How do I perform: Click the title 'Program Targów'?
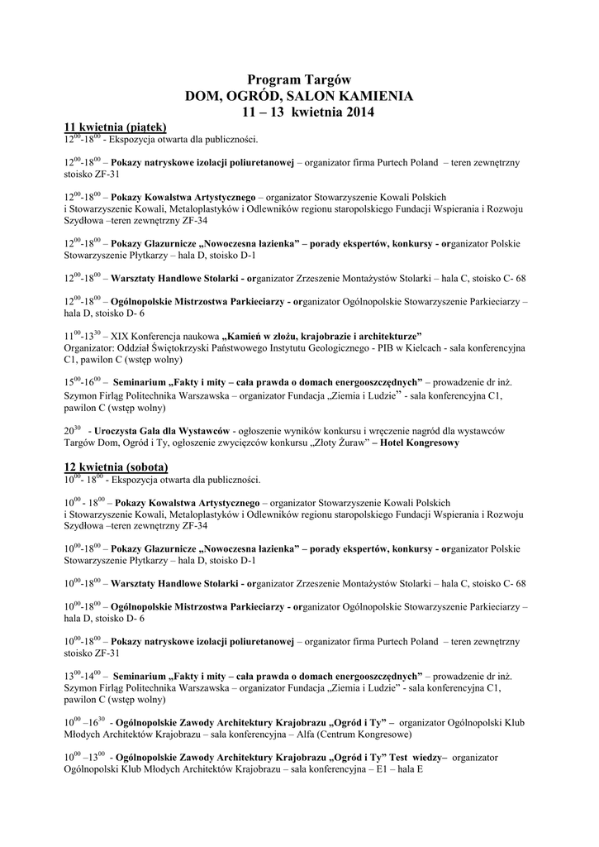point(299,79)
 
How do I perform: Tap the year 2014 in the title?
point(359,112)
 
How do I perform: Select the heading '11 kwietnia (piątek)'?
point(116,127)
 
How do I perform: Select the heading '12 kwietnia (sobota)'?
point(116,467)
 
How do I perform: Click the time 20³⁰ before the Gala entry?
point(72,430)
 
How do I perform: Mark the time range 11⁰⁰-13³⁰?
point(83,336)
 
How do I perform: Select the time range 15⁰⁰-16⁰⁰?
point(83,383)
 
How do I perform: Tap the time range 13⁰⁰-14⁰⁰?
point(83,675)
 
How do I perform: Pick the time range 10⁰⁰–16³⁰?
point(84,721)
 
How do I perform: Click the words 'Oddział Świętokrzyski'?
point(160,348)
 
